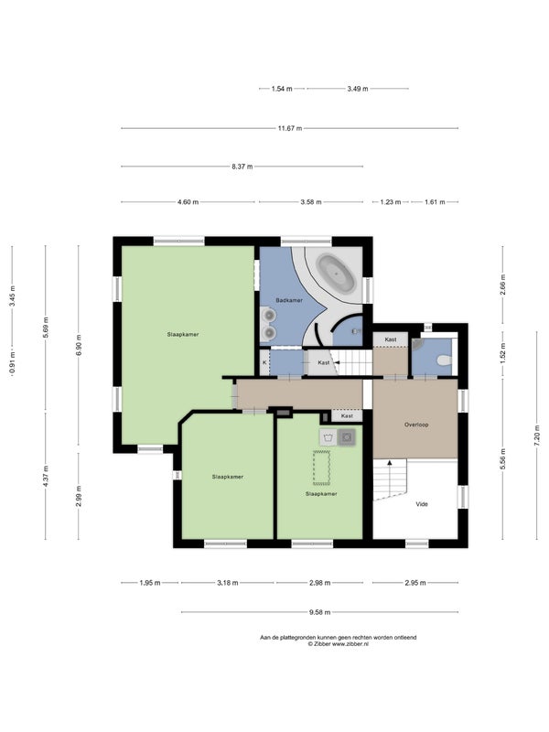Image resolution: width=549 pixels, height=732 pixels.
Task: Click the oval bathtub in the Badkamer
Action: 336,273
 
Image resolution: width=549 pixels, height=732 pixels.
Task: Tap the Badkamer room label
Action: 289,300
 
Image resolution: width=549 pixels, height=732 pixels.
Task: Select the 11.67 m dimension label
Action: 290,128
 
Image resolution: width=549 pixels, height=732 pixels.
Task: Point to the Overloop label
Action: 416,425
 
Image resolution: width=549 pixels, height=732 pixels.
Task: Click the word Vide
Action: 422,504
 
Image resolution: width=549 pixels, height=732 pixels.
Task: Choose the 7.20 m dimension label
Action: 537,439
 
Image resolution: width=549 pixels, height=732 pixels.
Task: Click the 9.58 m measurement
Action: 319,612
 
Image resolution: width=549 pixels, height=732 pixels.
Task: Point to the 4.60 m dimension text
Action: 188,202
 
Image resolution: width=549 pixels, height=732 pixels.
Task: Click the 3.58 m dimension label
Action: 310,202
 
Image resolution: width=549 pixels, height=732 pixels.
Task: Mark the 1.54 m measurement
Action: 282,88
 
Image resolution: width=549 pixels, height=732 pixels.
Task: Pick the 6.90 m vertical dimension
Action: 79,345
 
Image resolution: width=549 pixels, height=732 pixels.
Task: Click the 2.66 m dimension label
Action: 502,285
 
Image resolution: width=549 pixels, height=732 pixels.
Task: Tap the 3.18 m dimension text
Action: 227,583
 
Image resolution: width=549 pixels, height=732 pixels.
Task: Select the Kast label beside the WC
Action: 391,339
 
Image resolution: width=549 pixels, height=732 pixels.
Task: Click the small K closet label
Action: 264,362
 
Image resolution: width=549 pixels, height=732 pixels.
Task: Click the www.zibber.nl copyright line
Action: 338,644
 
